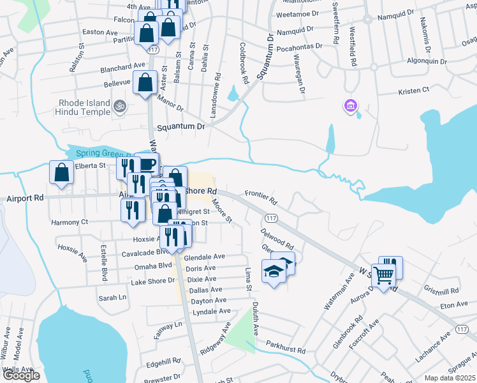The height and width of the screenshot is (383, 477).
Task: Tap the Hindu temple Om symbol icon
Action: (x=119, y=107)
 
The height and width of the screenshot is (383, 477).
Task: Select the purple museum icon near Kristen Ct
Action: (x=350, y=105)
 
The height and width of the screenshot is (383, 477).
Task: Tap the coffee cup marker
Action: (x=147, y=164)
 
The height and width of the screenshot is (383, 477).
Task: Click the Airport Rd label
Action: (x=25, y=199)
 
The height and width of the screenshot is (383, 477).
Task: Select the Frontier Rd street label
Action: (x=261, y=197)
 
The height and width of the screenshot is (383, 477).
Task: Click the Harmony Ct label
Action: (x=70, y=223)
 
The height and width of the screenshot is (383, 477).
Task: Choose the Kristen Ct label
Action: (x=413, y=91)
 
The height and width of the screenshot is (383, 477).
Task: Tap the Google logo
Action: (x=21, y=376)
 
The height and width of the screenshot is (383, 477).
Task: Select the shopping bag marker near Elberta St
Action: (x=61, y=172)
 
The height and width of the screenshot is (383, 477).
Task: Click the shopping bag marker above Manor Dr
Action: (x=145, y=82)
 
